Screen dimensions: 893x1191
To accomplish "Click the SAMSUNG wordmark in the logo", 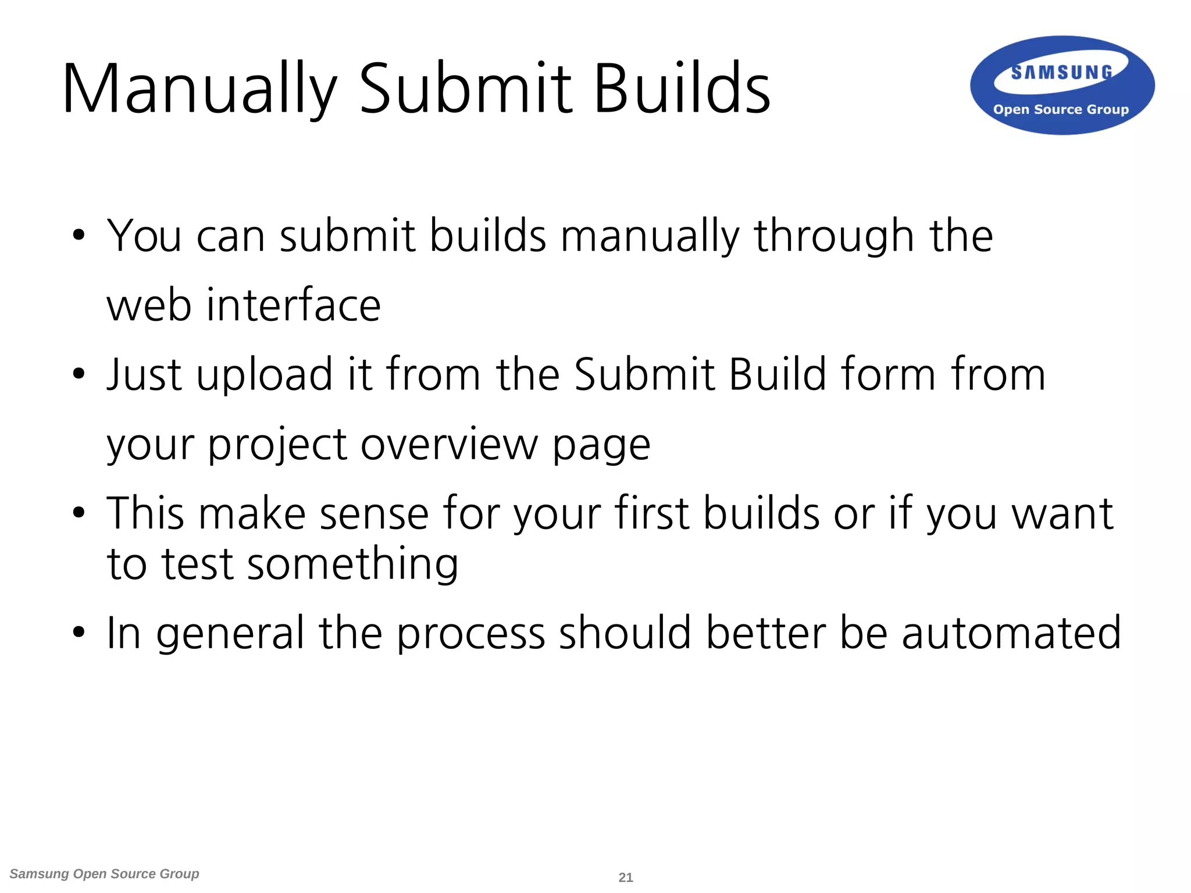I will (1061, 73).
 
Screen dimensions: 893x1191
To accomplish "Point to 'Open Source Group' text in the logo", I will (1061, 109).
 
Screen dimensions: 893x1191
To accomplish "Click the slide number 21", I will (626, 877).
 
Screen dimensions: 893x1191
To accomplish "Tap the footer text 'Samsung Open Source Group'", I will (105, 874).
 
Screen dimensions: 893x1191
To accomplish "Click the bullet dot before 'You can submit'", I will (79, 236).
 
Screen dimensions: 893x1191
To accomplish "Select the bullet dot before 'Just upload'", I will (79, 374).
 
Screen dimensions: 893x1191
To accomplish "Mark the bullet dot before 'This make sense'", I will (79, 513).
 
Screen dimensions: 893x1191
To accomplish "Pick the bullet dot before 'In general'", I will (79, 633).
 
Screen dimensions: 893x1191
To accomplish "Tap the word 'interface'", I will (294, 305).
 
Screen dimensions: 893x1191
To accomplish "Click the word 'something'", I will (353, 564).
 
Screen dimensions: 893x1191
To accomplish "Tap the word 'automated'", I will (1011, 633).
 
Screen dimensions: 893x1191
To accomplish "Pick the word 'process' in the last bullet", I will (470, 633).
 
